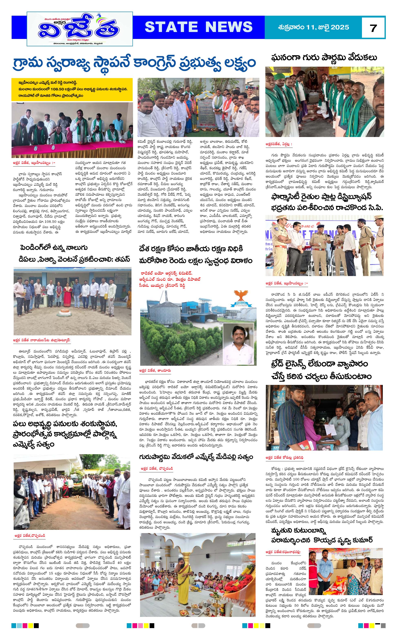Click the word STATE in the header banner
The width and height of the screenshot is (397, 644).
pos(171,27)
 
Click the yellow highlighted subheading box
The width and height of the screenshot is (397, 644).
pos(72,89)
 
